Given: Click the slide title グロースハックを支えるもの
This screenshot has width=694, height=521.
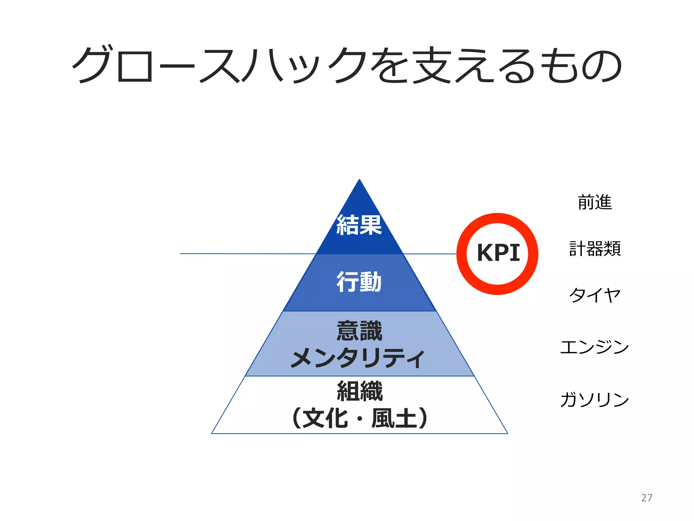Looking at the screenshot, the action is [347, 65].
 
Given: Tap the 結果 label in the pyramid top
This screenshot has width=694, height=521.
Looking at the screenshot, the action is [359, 225].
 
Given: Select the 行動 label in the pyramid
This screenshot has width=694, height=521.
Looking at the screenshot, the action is [359, 282].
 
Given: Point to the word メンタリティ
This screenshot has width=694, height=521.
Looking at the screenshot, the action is [358, 358].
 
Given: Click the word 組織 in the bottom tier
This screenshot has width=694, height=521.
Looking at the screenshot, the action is [360, 391].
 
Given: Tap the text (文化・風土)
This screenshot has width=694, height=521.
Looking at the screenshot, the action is [360, 418].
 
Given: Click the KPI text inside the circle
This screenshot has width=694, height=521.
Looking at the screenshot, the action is [498, 253].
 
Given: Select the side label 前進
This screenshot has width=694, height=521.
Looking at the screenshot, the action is [595, 202].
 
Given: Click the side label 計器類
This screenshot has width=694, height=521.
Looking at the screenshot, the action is [595, 249].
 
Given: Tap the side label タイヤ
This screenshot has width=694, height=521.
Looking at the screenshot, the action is [595, 294].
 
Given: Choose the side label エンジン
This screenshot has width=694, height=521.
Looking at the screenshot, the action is [595, 347].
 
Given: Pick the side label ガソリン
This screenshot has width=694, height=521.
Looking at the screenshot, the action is [595, 399].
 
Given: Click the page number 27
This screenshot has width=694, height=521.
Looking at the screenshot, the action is [647, 498].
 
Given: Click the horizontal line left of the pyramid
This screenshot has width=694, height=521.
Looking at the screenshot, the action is [247, 253].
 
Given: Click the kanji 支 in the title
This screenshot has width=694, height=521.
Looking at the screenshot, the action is [434, 65].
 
